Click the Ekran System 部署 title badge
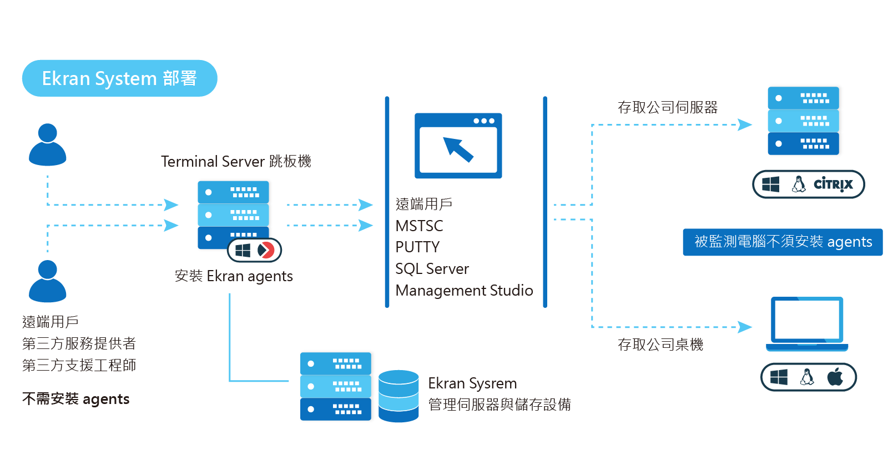[119, 78]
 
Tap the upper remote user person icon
[48, 145]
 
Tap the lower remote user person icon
[48, 282]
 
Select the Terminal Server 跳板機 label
[236, 162]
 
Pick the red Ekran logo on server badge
[266, 250]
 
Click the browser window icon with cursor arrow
[458, 146]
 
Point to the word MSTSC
[419, 226]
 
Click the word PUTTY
[417, 247]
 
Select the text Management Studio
[464, 291]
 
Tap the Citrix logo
[833, 184]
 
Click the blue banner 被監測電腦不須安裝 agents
[783, 242]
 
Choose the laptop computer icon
[807, 324]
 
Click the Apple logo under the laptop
[835, 377]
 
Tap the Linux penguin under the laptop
[807, 377]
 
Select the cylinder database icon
[398, 396]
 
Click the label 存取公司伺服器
[668, 107]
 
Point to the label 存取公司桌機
[660, 345]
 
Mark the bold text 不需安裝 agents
[76, 399]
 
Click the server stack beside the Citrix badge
[803, 121]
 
